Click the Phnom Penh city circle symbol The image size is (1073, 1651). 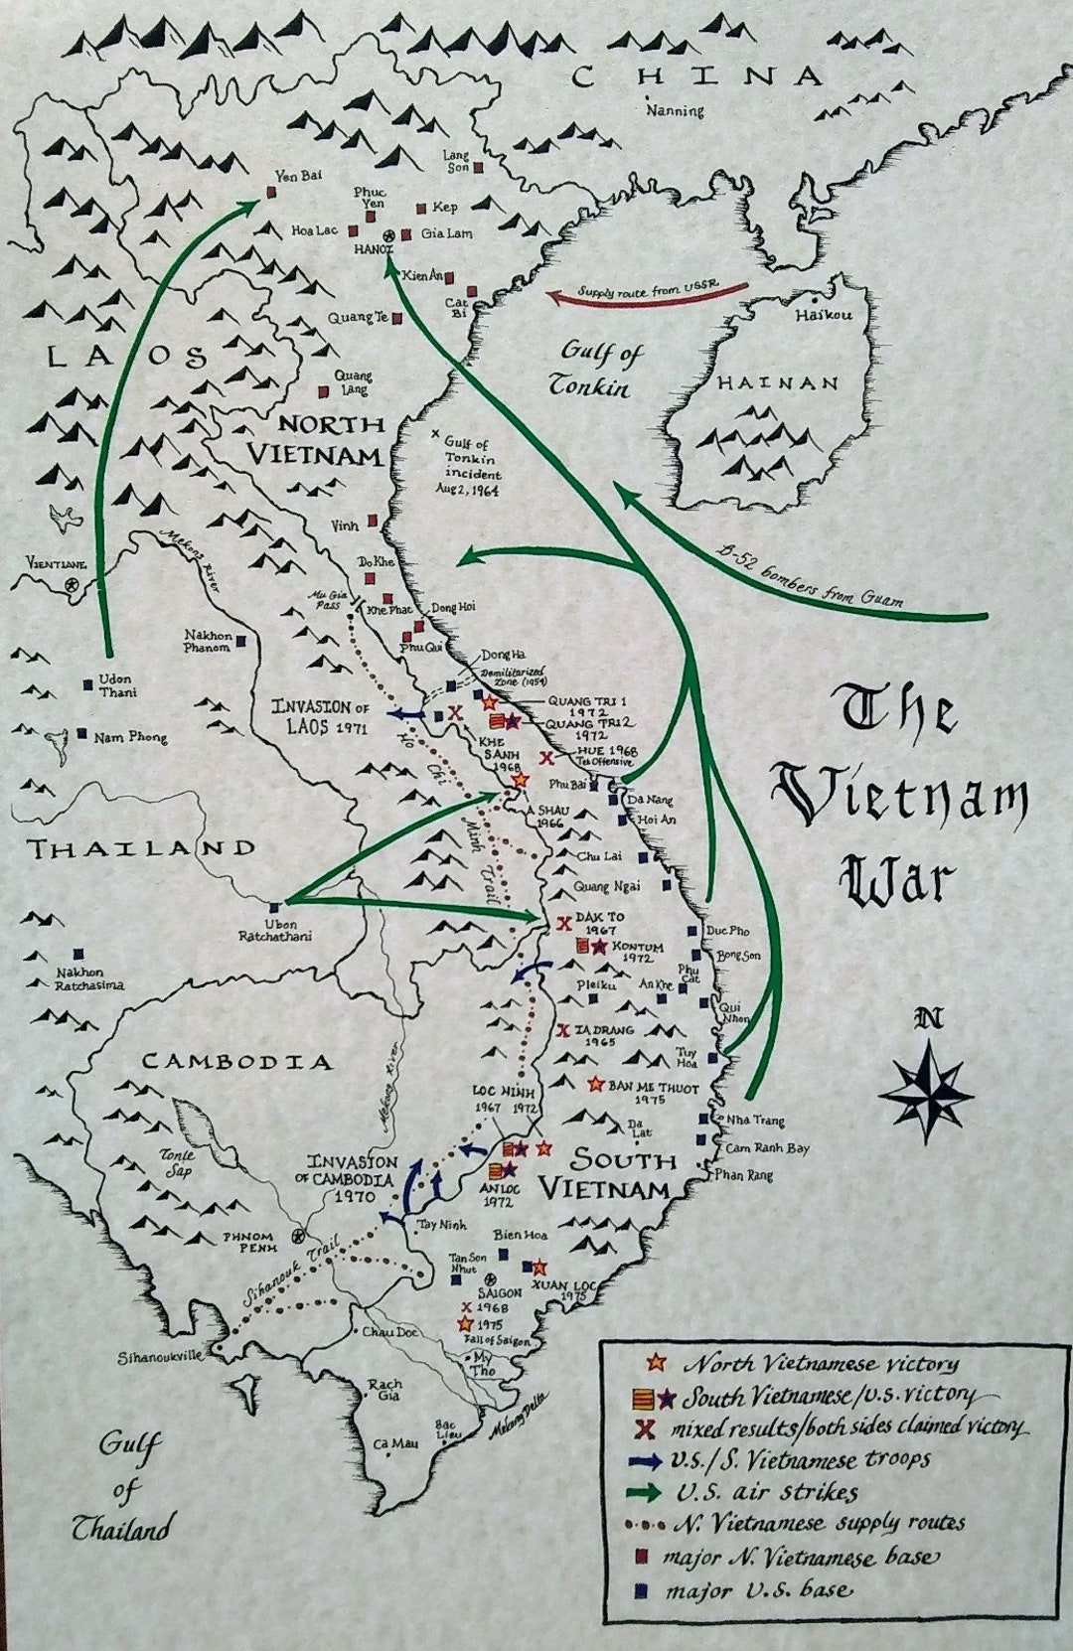(x=296, y=1237)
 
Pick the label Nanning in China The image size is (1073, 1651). (x=675, y=110)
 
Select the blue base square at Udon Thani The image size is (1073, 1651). (x=88, y=681)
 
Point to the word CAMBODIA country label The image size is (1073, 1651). (x=235, y=1061)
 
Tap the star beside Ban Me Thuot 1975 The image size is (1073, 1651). (x=596, y=1084)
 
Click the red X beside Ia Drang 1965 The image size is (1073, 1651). (x=563, y=1030)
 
